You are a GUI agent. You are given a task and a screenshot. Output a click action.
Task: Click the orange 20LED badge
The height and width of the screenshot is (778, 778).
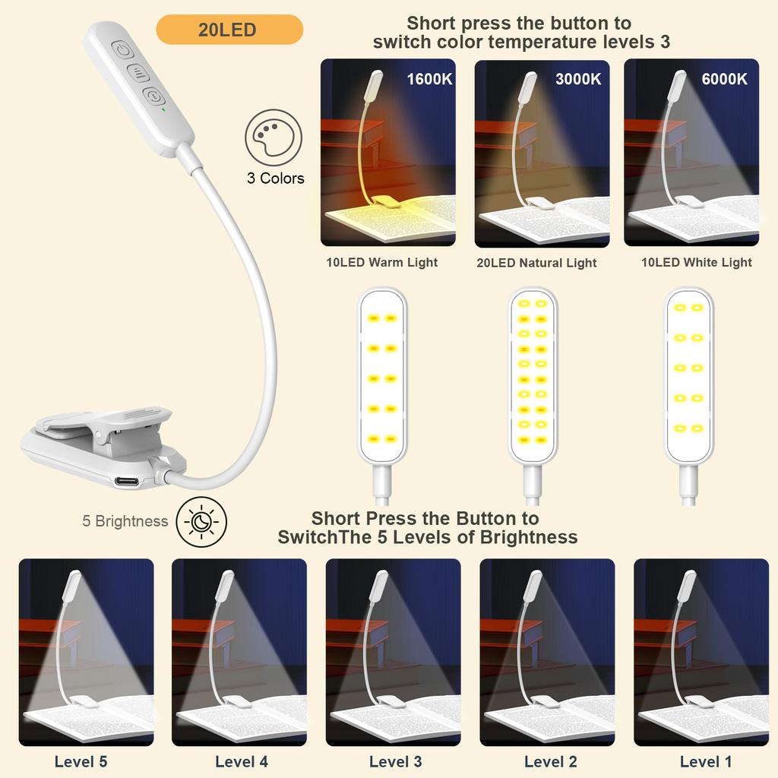pyautogui.click(x=229, y=30)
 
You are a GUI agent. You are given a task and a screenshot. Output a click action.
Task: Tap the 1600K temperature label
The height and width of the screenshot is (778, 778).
pyautogui.click(x=429, y=79)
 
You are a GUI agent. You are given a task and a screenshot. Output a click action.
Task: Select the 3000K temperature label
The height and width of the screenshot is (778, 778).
pyautogui.click(x=578, y=79)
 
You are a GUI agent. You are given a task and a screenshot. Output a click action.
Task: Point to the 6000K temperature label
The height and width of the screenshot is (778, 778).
pyautogui.click(x=724, y=79)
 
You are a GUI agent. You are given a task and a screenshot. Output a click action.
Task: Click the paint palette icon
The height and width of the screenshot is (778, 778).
pyautogui.click(x=274, y=138)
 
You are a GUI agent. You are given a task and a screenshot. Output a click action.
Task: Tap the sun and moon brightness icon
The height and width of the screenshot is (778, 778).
pyautogui.click(x=201, y=521)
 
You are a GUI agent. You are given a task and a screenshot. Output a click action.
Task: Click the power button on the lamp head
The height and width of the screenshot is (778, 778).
pyautogui.click(x=122, y=50)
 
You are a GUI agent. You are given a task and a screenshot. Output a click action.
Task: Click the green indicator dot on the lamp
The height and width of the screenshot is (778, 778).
pyautogui.click(x=164, y=109)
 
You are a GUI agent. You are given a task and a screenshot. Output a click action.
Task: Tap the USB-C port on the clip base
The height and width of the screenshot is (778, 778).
pyautogui.click(x=128, y=481)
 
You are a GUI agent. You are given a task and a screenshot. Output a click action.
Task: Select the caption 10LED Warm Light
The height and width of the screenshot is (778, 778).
pyautogui.click(x=381, y=262)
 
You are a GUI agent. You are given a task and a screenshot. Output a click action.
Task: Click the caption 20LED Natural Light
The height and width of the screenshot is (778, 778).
pyautogui.click(x=536, y=263)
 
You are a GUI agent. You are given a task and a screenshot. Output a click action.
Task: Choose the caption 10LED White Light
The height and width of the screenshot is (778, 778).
pyautogui.click(x=697, y=262)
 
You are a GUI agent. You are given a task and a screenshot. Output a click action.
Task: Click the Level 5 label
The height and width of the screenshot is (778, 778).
pyautogui.click(x=81, y=761)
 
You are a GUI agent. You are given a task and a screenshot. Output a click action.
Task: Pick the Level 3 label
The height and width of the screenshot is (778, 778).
pyautogui.click(x=395, y=761)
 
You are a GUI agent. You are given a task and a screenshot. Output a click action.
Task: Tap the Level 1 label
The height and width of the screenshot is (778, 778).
pyautogui.click(x=706, y=761)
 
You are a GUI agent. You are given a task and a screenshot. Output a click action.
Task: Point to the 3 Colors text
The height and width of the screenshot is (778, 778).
pyautogui.click(x=275, y=178)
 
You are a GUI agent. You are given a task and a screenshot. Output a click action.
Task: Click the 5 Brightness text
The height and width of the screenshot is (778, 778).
pyautogui.click(x=125, y=521)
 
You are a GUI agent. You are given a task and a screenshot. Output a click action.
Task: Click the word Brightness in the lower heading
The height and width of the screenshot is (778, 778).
pyautogui.click(x=529, y=538)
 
